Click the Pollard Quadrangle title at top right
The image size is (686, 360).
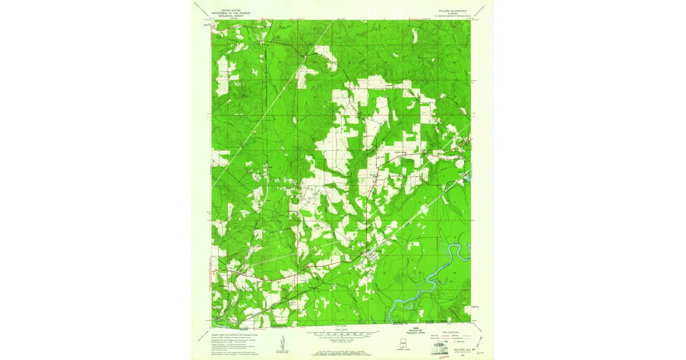coord(444,10)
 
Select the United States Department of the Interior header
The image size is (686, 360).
coord(228,13)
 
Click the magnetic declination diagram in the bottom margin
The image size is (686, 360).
coord(281,343)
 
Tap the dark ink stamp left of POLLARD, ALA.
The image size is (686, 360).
coord(440,346)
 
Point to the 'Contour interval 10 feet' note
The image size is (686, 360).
coord(343,341)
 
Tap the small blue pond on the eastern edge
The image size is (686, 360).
coord(468,179)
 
